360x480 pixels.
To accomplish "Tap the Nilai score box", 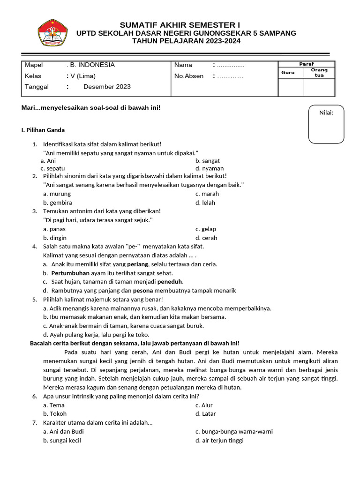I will click(x=326, y=124).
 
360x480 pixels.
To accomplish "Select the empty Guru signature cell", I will click(x=291, y=87).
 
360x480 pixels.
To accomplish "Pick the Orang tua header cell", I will click(x=319, y=73).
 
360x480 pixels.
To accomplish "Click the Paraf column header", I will click(x=307, y=64).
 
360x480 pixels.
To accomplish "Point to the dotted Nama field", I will click(x=230, y=65).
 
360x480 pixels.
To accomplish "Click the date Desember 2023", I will click(x=107, y=87).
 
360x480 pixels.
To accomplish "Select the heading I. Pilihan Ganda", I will click(x=43, y=130).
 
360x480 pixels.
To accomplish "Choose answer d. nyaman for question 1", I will click(x=210, y=168).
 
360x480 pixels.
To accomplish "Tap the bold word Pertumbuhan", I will click(x=70, y=273).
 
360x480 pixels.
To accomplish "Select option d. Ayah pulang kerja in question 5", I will click(x=96, y=335).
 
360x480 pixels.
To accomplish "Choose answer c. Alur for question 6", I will click(x=204, y=405).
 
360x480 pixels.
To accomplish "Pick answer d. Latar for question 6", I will click(x=205, y=414).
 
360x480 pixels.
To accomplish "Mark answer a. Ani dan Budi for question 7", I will click(x=63, y=432).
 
